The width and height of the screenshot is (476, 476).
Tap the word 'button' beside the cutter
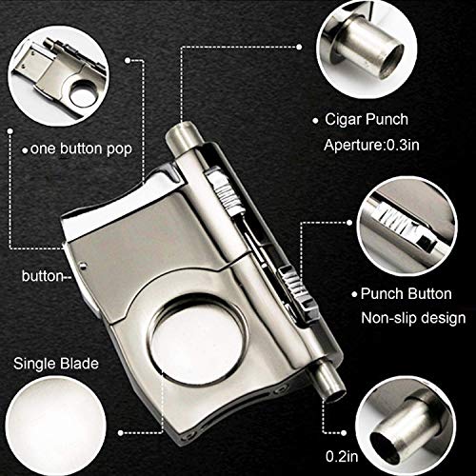(41, 277)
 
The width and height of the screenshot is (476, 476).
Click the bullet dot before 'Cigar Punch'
(316, 122)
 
